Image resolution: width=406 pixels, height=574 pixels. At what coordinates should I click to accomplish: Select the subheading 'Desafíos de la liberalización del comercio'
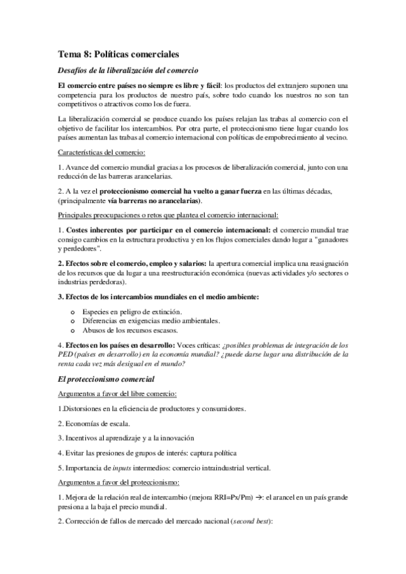128,72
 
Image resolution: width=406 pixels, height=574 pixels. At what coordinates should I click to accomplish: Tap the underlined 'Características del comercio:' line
102,154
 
